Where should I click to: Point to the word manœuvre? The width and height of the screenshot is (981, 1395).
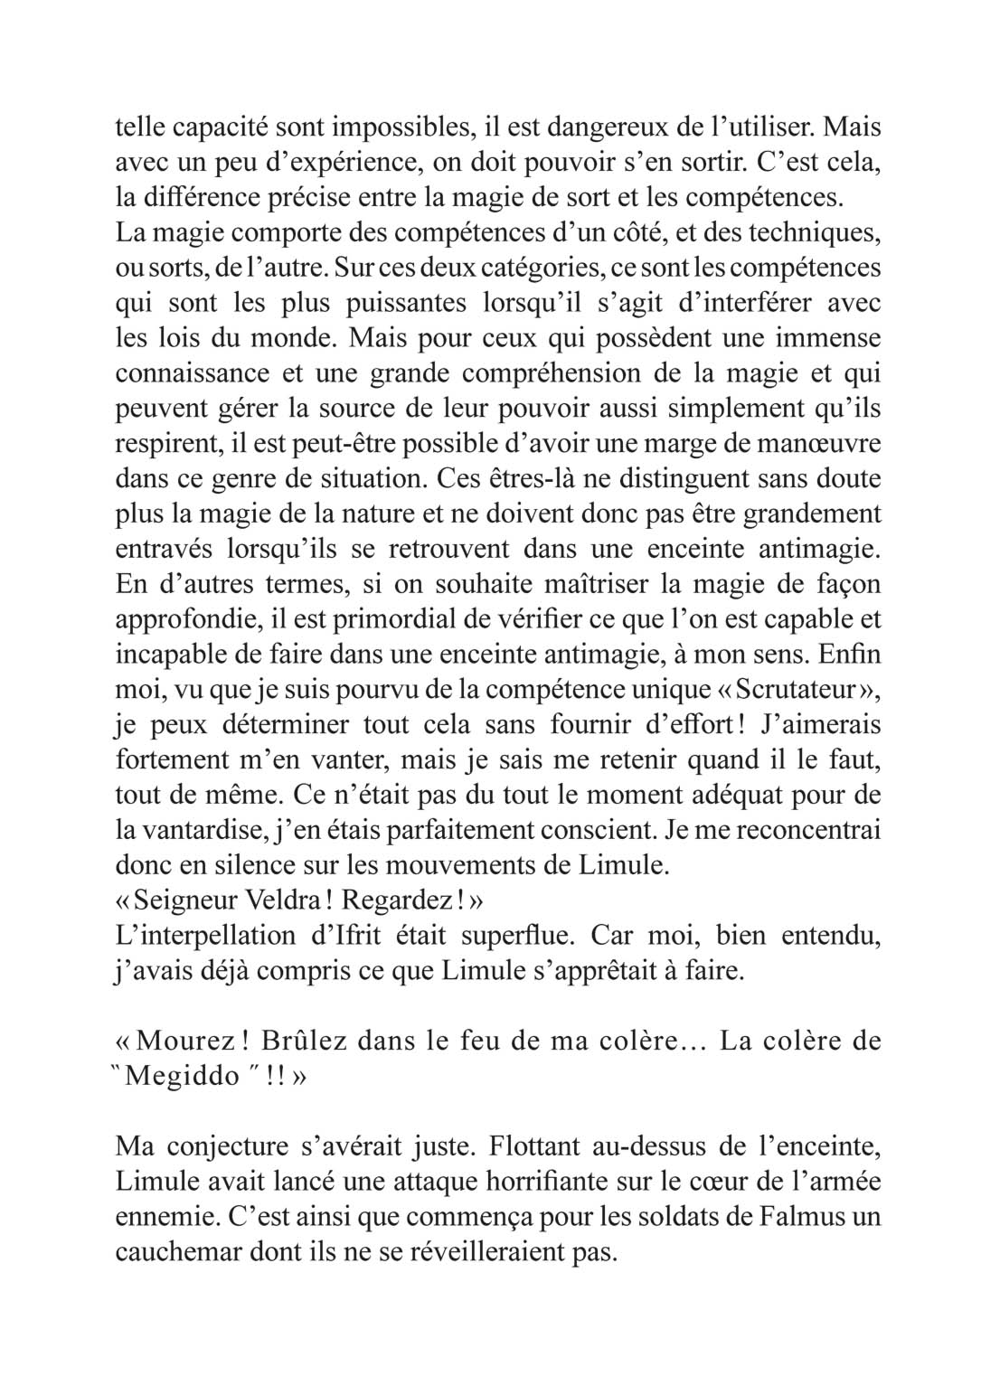(822, 444)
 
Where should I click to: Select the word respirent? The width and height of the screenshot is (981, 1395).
(167, 444)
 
